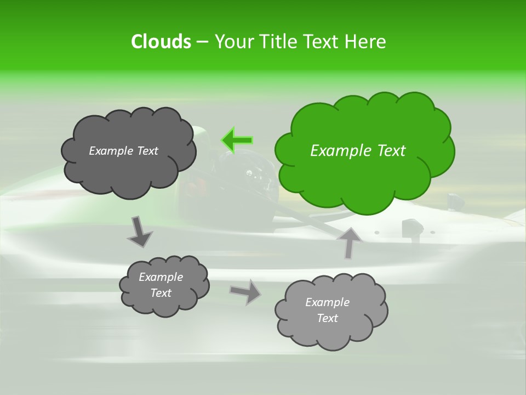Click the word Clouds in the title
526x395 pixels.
point(161,42)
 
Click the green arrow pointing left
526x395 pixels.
point(237,140)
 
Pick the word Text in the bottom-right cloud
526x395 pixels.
point(327,318)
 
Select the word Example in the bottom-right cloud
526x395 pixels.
point(327,302)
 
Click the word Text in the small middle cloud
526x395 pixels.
point(161,293)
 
